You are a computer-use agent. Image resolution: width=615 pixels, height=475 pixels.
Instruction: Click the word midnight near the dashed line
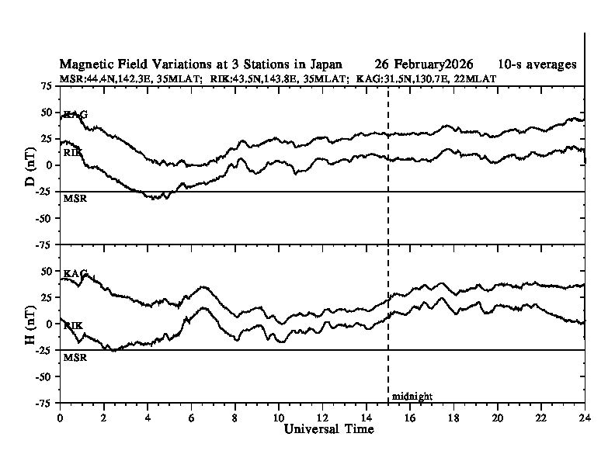tap(412, 397)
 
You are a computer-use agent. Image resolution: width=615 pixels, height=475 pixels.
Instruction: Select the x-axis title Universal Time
tap(328, 429)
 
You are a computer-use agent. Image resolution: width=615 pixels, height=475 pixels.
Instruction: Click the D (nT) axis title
tap(31, 165)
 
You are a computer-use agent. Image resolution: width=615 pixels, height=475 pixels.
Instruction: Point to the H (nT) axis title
tap(31, 324)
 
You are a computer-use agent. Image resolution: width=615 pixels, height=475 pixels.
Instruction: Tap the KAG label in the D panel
tap(75, 115)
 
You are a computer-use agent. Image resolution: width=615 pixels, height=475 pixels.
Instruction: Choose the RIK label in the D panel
tap(73, 153)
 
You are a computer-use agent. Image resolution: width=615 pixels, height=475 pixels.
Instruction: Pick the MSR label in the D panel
tap(75, 199)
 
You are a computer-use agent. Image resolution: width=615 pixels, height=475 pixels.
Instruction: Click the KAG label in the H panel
tap(75, 274)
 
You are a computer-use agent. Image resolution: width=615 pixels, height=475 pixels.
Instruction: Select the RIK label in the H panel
tap(73, 326)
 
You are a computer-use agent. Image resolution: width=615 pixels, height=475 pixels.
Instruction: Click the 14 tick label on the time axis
tap(367, 417)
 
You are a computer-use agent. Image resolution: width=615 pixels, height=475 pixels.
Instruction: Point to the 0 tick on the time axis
tap(60, 417)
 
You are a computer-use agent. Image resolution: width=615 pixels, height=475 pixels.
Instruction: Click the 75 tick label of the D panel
tap(47, 86)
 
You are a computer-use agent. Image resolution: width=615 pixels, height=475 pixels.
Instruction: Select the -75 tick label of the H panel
tap(44, 403)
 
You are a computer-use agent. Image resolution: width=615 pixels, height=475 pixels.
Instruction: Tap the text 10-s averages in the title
tap(537, 64)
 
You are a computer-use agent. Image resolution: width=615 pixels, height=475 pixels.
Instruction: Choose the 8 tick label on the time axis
tap(235, 417)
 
